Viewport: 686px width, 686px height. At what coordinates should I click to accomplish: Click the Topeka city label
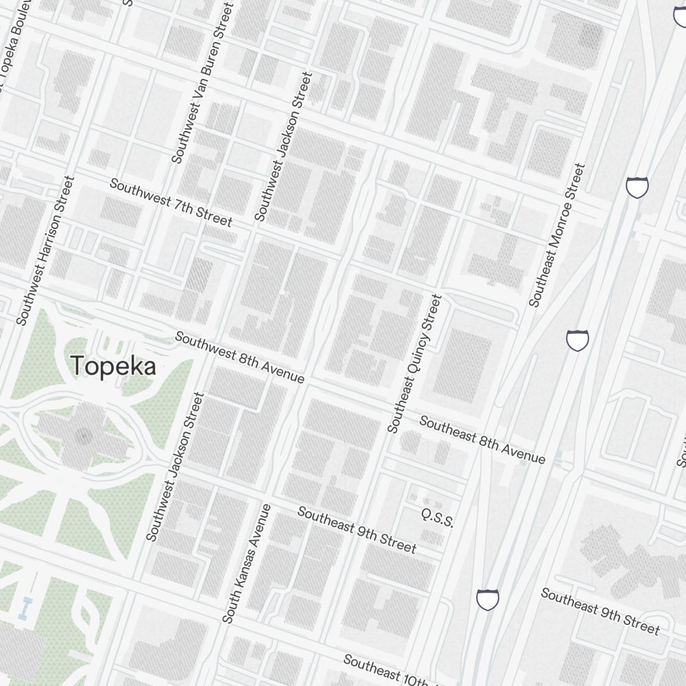[113, 366]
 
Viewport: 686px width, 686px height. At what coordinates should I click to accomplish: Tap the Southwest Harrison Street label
[45, 250]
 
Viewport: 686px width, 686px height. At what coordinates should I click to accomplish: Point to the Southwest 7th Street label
[171, 202]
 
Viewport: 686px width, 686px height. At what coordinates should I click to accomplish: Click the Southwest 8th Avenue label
[239, 357]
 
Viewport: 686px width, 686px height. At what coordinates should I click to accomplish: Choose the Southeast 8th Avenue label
[482, 440]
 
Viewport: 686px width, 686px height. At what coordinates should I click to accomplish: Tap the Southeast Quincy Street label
[414, 364]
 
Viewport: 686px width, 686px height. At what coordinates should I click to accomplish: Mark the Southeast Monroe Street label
[557, 234]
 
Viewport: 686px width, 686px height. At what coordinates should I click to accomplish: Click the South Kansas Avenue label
[247, 563]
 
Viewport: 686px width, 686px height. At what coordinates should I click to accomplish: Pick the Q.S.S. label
[438, 517]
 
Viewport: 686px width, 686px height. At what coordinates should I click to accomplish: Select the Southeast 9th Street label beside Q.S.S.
[356, 529]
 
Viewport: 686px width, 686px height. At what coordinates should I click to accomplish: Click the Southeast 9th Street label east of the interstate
[600, 611]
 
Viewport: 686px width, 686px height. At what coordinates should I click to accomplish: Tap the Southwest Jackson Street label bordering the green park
[175, 466]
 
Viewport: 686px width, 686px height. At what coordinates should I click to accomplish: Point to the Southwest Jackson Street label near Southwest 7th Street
[283, 147]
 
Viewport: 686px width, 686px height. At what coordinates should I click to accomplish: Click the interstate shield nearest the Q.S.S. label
[487, 599]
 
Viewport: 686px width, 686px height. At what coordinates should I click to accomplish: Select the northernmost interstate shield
[637, 187]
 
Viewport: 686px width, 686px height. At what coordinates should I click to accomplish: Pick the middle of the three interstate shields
[578, 340]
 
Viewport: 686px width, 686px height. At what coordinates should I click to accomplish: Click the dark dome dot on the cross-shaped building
[84, 435]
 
